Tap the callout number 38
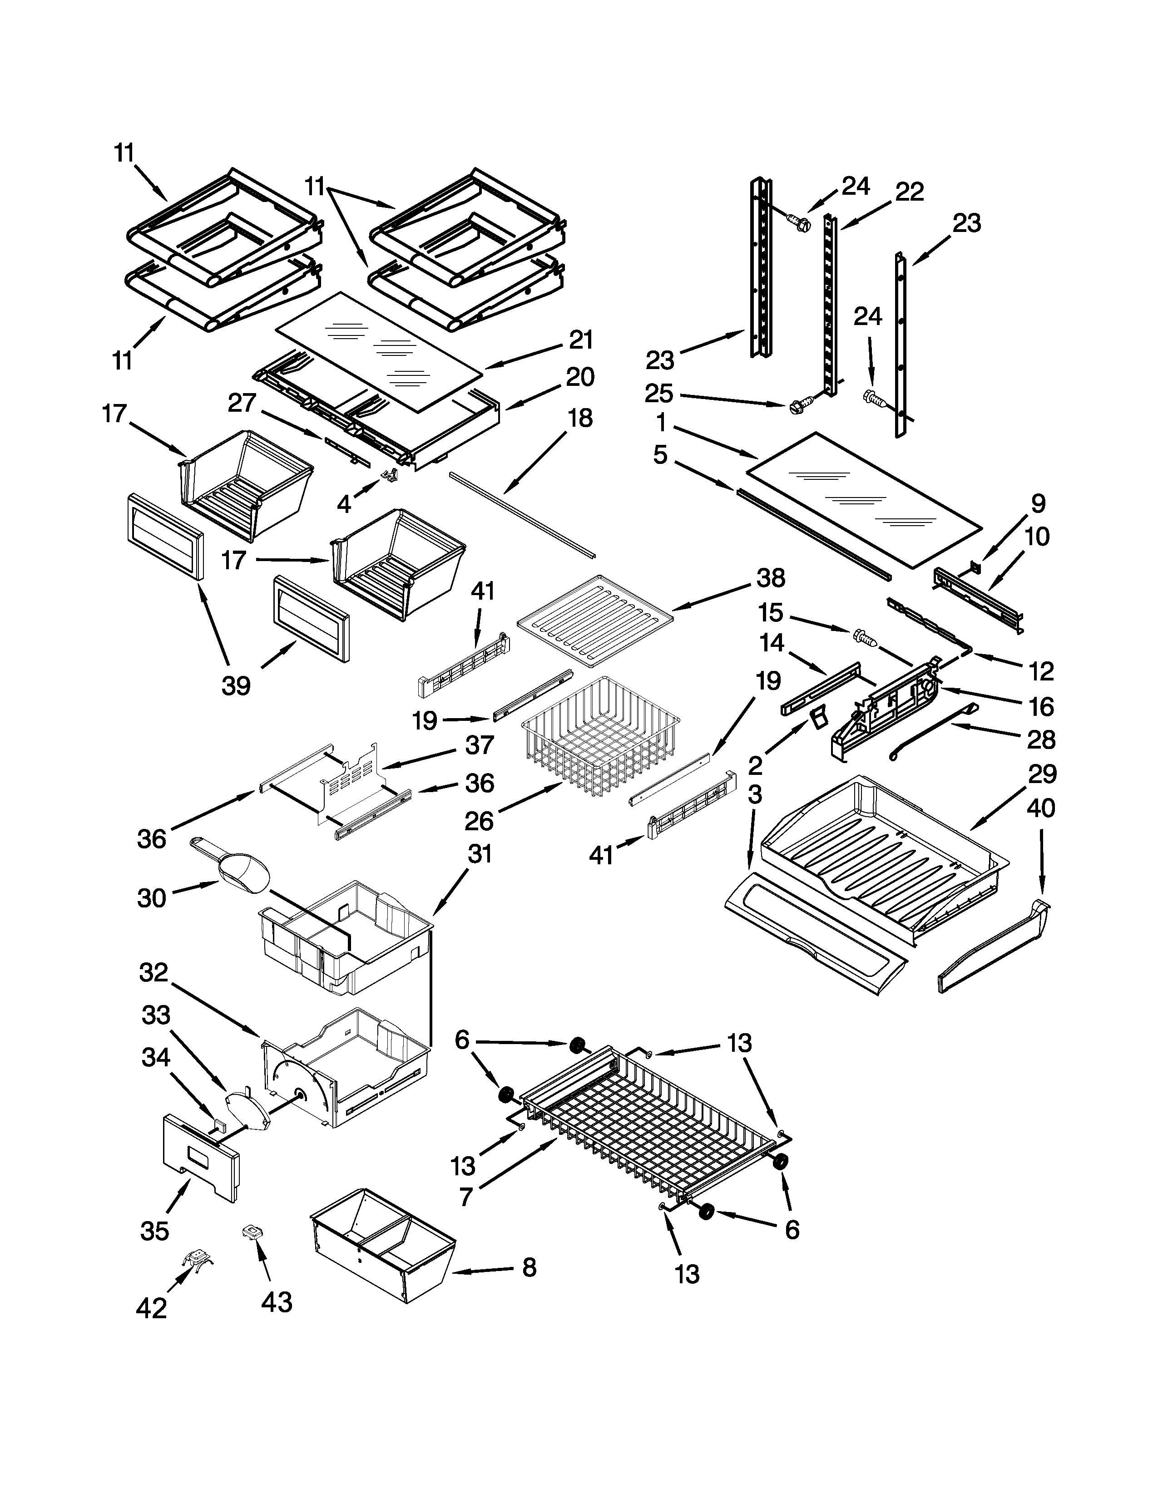pyautogui.click(x=770, y=578)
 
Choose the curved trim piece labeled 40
pyautogui.click(x=995, y=950)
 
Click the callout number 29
pyautogui.click(x=1041, y=774)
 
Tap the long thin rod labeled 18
pyautogui.click(x=521, y=514)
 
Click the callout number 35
pyautogui.click(x=154, y=1231)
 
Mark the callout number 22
pyautogui.click(x=909, y=192)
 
